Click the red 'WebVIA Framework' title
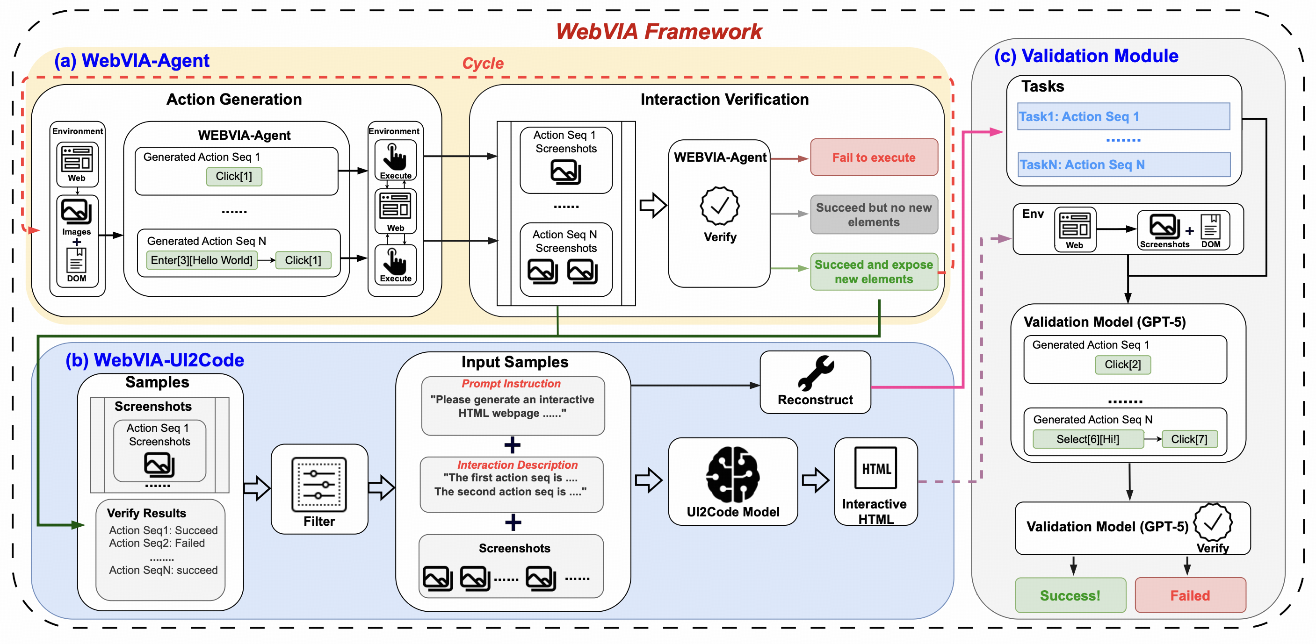[x=658, y=32]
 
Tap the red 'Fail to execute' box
[x=874, y=157]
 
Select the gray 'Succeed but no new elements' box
[x=874, y=215]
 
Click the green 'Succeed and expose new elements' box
[x=874, y=272]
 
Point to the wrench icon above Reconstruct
[x=816, y=373]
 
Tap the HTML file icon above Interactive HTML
[x=875, y=468]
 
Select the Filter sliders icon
[x=319, y=485]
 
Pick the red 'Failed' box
[x=1190, y=595]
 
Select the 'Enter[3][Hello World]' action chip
[x=201, y=260]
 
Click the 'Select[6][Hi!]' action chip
[x=1088, y=439]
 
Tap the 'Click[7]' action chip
[x=1189, y=439]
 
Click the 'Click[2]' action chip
[x=1122, y=365]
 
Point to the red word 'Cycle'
[x=482, y=64]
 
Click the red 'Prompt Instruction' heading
[x=511, y=384]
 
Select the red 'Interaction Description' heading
[x=517, y=465]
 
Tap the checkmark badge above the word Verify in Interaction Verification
[x=719, y=206]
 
